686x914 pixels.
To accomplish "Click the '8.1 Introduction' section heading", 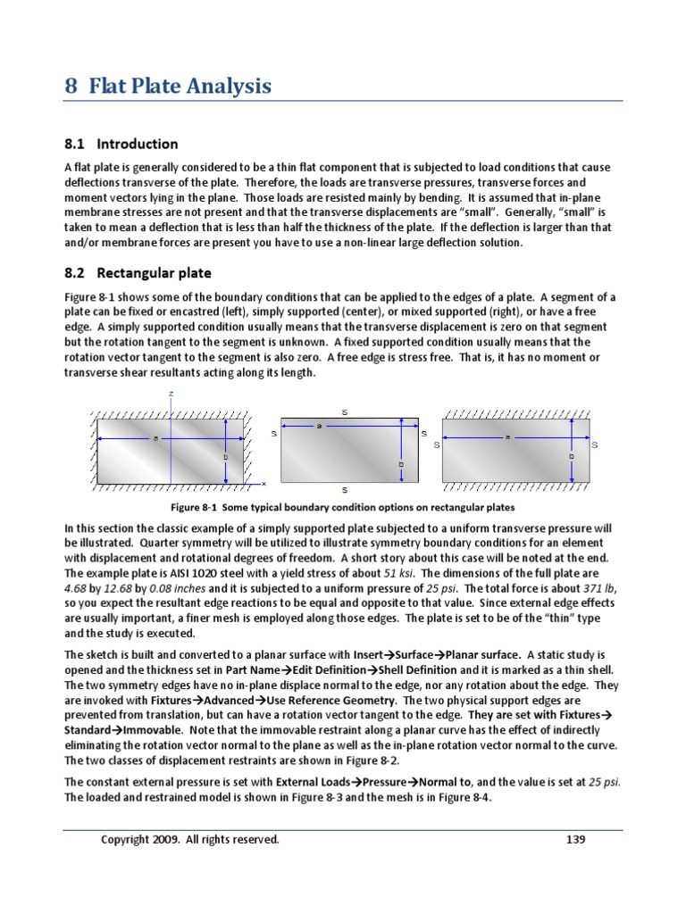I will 121,144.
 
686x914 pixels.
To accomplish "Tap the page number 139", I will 577,839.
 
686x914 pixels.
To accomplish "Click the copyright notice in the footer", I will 189,839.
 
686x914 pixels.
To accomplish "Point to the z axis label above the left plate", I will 171,394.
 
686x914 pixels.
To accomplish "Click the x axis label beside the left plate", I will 264,483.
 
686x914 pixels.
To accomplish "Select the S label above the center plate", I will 345,411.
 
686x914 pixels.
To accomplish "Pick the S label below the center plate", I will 345,491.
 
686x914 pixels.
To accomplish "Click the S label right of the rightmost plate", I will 595,445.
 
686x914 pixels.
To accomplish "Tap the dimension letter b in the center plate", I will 401,464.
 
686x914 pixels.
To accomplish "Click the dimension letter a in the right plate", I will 507,436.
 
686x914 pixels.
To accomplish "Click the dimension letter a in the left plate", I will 155,437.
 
